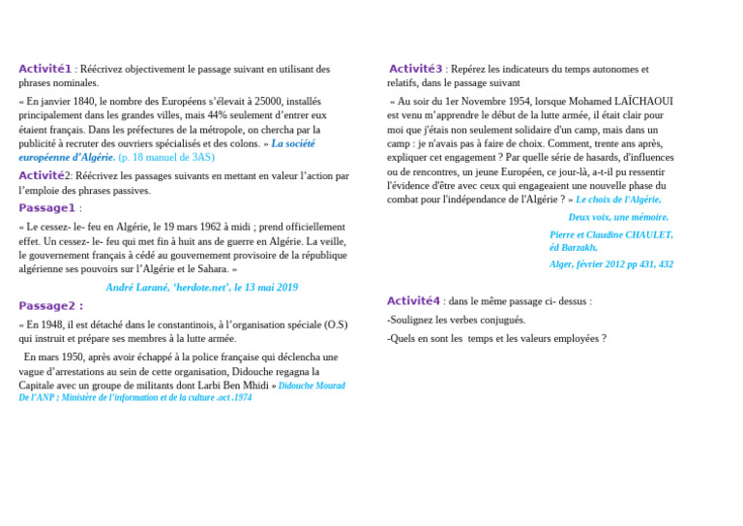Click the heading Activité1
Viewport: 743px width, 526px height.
point(45,69)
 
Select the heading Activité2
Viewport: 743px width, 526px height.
point(45,175)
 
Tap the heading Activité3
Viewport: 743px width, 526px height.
point(415,69)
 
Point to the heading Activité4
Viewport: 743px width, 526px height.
point(413,301)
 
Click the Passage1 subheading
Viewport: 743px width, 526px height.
point(46,207)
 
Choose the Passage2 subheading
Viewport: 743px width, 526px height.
point(50,306)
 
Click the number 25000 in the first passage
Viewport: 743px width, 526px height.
point(268,101)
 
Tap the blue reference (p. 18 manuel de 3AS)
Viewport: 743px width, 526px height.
point(165,157)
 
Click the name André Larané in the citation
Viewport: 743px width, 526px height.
point(137,288)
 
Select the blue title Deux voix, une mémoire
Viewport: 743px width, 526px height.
point(618,217)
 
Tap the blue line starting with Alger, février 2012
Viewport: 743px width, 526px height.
point(611,263)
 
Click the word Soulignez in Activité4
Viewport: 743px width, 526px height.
point(414,320)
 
